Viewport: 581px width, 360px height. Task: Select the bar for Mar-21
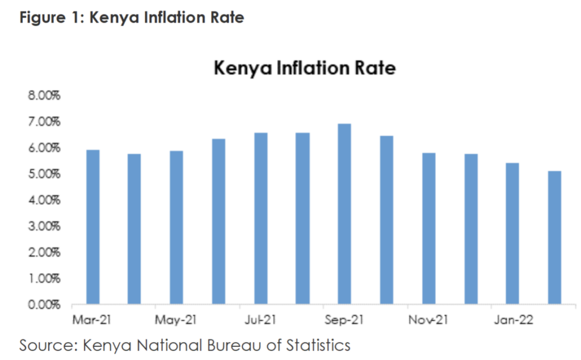pos(92,227)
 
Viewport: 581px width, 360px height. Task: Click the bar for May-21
pos(176,227)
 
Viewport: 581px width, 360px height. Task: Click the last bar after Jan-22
pos(554,238)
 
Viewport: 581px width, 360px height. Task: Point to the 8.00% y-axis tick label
pos(44,95)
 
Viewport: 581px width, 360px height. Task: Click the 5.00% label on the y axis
pos(44,174)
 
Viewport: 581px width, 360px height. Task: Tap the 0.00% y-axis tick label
pos(44,305)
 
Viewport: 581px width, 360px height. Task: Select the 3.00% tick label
pos(44,227)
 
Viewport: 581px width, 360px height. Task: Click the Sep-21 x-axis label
pos(344,320)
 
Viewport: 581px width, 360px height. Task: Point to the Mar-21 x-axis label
pos(92,320)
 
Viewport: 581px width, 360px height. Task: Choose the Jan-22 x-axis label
pos(512,320)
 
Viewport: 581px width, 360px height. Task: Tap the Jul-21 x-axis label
pos(260,320)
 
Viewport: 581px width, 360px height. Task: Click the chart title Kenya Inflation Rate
pos(304,69)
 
